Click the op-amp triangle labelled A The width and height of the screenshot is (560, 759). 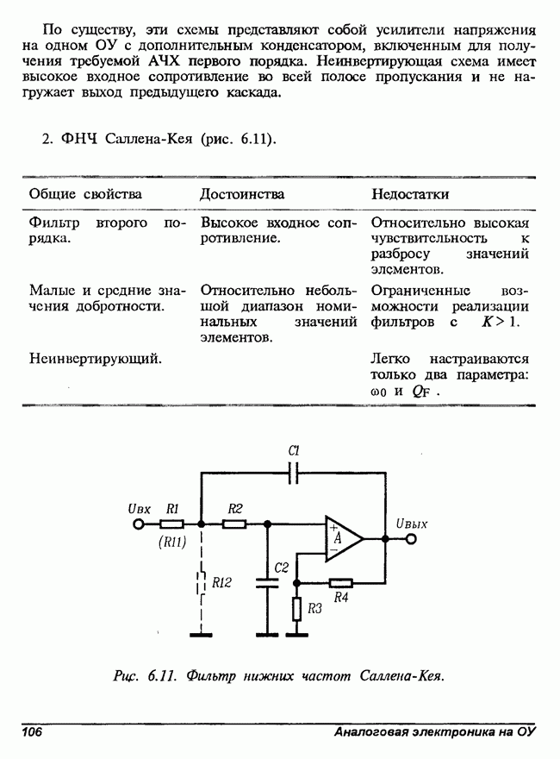point(341,538)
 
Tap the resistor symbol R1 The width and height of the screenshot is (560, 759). point(171,524)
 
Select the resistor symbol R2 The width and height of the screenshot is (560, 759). point(234,524)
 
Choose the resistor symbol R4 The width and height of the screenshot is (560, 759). point(341,582)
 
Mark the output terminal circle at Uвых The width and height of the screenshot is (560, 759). point(410,539)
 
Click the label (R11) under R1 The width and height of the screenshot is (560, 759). point(172,543)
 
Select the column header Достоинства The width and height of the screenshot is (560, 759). point(242,194)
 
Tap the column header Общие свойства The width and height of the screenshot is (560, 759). point(85,194)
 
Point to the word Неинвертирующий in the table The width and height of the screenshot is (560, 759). point(96,358)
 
